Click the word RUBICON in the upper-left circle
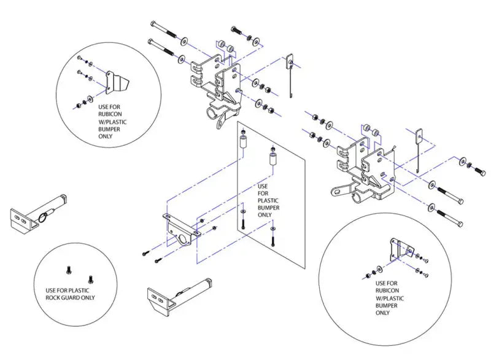(x=110, y=114)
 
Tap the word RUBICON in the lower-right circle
(x=387, y=291)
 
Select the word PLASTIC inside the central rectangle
(x=268, y=200)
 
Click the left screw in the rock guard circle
(x=69, y=270)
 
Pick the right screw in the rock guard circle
(x=90, y=278)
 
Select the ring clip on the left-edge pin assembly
(x=43, y=217)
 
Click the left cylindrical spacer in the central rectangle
(x=243, y=143)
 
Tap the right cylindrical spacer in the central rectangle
(x=273, y=158)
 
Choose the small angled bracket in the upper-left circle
(x=116, y=82)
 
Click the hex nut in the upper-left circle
(x=77, y=106)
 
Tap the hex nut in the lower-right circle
(x=368, y=276)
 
